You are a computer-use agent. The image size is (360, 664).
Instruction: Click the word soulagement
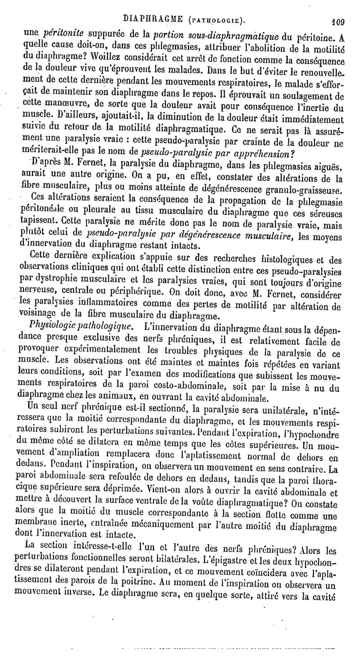(x=306, y=96)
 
